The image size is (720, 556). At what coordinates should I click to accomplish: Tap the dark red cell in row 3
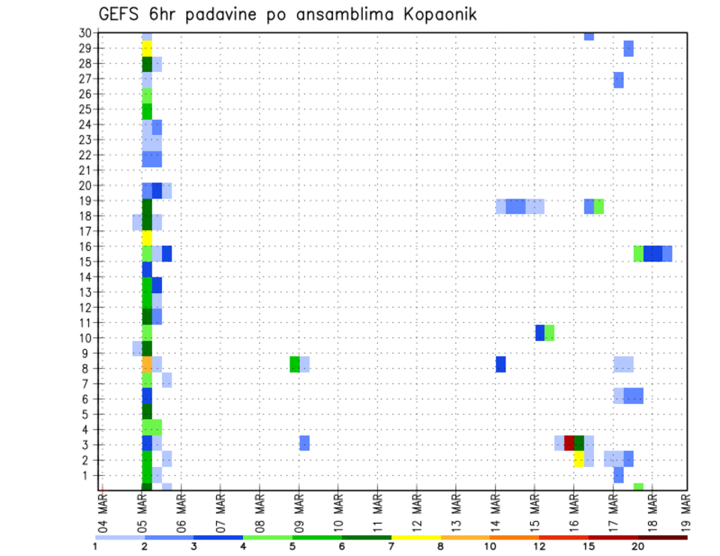(568, 443)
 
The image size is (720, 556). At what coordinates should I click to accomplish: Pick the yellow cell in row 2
(579, 459)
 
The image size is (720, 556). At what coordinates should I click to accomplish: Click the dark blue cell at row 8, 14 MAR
(500, 364)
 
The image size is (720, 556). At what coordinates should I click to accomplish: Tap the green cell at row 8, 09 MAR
(295, 364)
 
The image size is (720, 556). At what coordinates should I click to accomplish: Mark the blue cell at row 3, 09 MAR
(304, 443)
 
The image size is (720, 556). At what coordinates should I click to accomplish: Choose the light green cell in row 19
(598, 206)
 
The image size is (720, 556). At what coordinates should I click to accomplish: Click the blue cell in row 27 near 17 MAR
(618, 80)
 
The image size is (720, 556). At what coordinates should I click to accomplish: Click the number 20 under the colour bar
(637, 546)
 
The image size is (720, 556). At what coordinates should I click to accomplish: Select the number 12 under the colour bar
(539, 546)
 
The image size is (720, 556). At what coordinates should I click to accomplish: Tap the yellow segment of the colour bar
(415, 537)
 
